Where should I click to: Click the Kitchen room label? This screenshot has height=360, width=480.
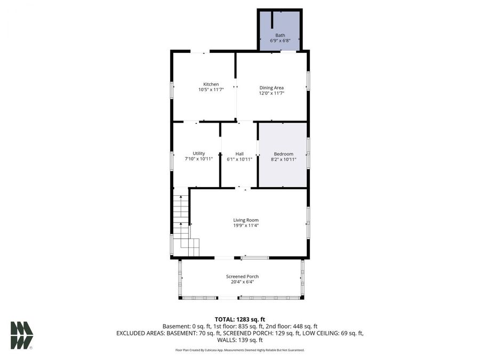(x=211, y=84)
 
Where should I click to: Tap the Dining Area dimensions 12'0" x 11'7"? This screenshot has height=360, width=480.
(x=271, y=93)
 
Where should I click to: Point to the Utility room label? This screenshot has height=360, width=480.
(x=198, y=154)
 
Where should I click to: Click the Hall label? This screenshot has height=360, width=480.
(x=239, y=154)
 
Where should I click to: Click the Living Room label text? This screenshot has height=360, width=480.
(x=245, y=220)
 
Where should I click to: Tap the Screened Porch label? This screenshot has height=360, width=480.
(x=242, y=276)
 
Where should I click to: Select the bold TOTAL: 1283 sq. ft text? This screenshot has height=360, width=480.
(x=239, y=319)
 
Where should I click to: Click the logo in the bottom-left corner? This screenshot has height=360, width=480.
(x=22, y=335)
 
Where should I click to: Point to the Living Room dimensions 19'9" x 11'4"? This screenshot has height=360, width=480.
(x=245, y=226)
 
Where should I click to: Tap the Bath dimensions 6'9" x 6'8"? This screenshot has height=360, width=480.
(x=280, y=41)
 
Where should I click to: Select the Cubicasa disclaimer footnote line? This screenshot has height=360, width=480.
(x=239, y=350)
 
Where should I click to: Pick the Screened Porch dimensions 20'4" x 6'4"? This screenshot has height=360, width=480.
(x=242, y=282)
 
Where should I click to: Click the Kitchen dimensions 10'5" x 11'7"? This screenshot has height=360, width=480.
(x=211, y=90)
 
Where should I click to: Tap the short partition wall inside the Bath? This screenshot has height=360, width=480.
(x=272, y=19)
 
